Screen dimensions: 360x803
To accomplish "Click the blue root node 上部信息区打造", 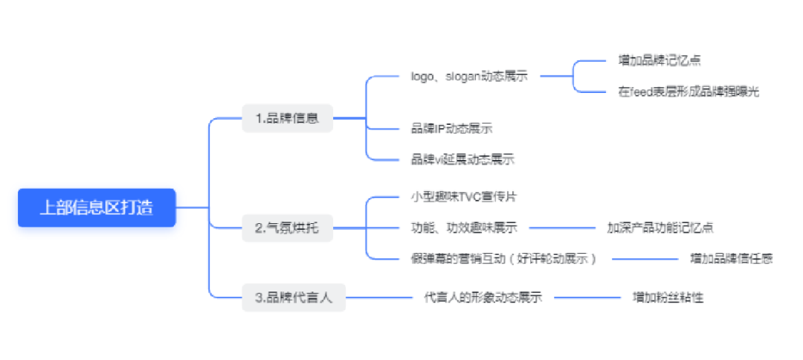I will click(97, 208).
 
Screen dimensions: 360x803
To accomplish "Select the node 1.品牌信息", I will click(288, 118).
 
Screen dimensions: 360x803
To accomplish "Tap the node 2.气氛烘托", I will click(288, 228).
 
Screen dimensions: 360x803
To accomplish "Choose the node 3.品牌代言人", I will click(294, 298).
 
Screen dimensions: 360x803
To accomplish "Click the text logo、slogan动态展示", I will click(469, 76).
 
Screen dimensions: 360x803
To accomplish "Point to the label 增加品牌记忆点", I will click(660, 60).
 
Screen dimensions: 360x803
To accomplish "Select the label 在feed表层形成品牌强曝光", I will click(688, 92).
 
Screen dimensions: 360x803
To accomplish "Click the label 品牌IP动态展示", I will click(451, 129).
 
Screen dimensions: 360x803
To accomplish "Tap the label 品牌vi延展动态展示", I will click(462, 159).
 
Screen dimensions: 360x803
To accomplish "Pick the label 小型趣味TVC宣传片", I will click(464, 197).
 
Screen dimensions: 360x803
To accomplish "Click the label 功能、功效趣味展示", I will click(464, 228).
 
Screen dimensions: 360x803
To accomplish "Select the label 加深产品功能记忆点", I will click(660, 228).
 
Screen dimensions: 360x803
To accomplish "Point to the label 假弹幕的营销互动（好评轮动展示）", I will click(504, 258).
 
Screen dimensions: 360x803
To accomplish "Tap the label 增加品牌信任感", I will click(731, 258).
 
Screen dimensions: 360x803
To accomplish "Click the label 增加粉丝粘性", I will click(668, 298).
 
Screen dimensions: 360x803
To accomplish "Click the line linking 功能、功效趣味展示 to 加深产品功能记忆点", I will click(562, 228).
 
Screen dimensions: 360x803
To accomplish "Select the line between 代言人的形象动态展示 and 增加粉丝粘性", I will click(587, 298).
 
